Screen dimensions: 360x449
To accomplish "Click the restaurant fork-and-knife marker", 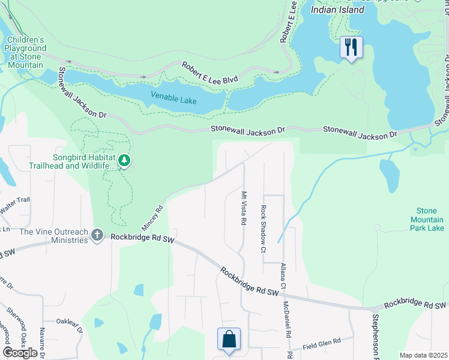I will (x=351, y=47).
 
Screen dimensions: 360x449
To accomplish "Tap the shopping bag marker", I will (x=229, y=339).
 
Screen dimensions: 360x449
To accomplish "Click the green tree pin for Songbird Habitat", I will (x=124, y=160).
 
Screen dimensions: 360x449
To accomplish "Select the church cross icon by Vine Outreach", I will (x=98, y=237).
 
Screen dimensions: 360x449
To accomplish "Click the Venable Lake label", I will (x=173, y=95).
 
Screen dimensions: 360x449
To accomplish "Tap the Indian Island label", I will (x=337, y=10).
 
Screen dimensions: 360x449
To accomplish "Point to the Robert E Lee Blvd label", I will (x=210, y=72).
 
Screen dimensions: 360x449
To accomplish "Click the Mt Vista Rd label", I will (x=244, y=208).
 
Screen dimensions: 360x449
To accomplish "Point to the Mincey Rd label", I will (x=152, y=218).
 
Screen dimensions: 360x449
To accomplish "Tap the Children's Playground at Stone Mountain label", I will (x=25, y=52).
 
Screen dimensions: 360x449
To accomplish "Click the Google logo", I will (x=20, y=352).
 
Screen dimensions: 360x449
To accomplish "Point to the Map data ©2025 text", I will (x=423, y=355).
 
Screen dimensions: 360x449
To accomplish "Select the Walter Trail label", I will (x=14, y=200).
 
